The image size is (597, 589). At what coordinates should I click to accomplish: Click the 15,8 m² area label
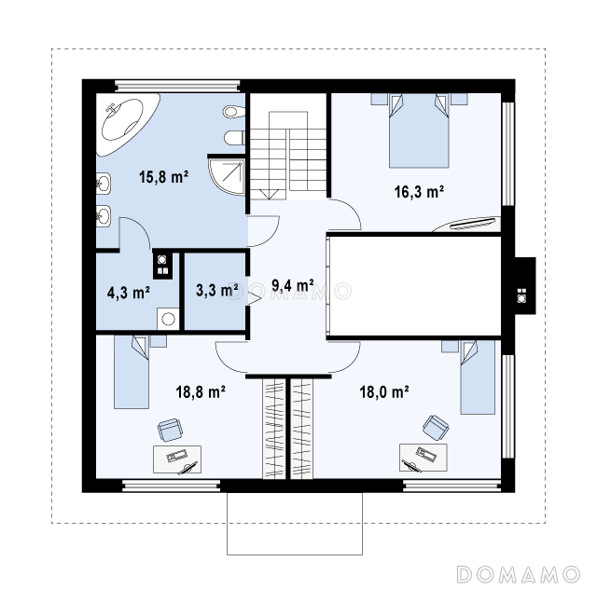pyautogui.click(x=164, y=177)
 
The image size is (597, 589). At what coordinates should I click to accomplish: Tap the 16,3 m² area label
pyautogui.click(x=419, y=191)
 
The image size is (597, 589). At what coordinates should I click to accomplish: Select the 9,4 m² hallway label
pyautogui.click(x=293, y=285)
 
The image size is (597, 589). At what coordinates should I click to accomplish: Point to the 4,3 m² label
pyautogui.click(x=129, y=293)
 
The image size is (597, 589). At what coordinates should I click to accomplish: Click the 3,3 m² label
pyautogui.click(x=217, y=290)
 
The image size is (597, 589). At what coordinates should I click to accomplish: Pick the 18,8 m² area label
pyautogui.click(x=201, y=391)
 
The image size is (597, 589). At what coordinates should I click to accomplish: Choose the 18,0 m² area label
pyautogui.click(x=384, y=391)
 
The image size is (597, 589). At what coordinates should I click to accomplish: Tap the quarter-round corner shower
pyautogui.click(x=227, y=176)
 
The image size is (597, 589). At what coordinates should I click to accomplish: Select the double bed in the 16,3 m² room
pyautogui.click(x=419, y=130)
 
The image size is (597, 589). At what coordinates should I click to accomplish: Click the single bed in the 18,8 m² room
pyautogui.click(x=132, y=372)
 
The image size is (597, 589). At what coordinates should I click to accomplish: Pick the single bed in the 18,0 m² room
pyautogui.click(x=478, y=377)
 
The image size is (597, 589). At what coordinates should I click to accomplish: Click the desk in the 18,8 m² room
pyautogui.click(x=177, y=459)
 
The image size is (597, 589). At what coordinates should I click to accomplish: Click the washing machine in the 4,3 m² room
pyautogui.click(x=168, y=319)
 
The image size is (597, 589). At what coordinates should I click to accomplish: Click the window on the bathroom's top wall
pyautogui.click(x=177, y=86)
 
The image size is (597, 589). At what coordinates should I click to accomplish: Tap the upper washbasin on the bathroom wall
pyautogui.click(x=104, y=185)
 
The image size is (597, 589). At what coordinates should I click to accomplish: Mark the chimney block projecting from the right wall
pyautogui.click(x=525, y=286)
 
